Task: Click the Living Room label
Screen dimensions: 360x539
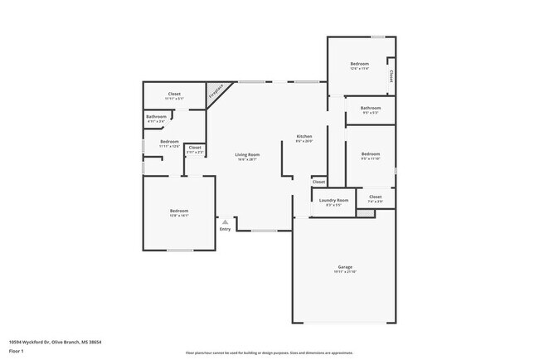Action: point(247,154)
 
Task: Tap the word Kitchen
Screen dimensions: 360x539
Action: point(304,136)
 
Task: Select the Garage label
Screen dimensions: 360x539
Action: point(345,266)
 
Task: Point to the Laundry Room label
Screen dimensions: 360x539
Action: point(333,200)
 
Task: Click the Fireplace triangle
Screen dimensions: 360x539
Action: point(216,90)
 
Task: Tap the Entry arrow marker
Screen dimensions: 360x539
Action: point(225,221)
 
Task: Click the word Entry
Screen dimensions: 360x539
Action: point(225,229)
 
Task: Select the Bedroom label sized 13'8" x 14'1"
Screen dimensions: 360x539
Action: point(179,211)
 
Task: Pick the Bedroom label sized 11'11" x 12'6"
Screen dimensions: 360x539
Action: point(169,142)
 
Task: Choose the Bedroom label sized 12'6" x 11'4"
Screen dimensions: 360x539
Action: point(359,64)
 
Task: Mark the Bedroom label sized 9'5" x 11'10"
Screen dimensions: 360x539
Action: point(370,153)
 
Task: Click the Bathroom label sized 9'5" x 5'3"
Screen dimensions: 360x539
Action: point(370,108)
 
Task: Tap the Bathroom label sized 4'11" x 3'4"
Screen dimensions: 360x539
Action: point(157,117)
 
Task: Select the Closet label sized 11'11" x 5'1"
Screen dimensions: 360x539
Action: point(174,94)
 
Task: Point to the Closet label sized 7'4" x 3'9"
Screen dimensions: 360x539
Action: point(375,197)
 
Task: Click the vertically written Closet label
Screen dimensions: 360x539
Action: point(391,76)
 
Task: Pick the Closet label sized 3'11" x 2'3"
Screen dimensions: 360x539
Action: point(194,148)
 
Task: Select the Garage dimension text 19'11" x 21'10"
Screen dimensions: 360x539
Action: point(345,272)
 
